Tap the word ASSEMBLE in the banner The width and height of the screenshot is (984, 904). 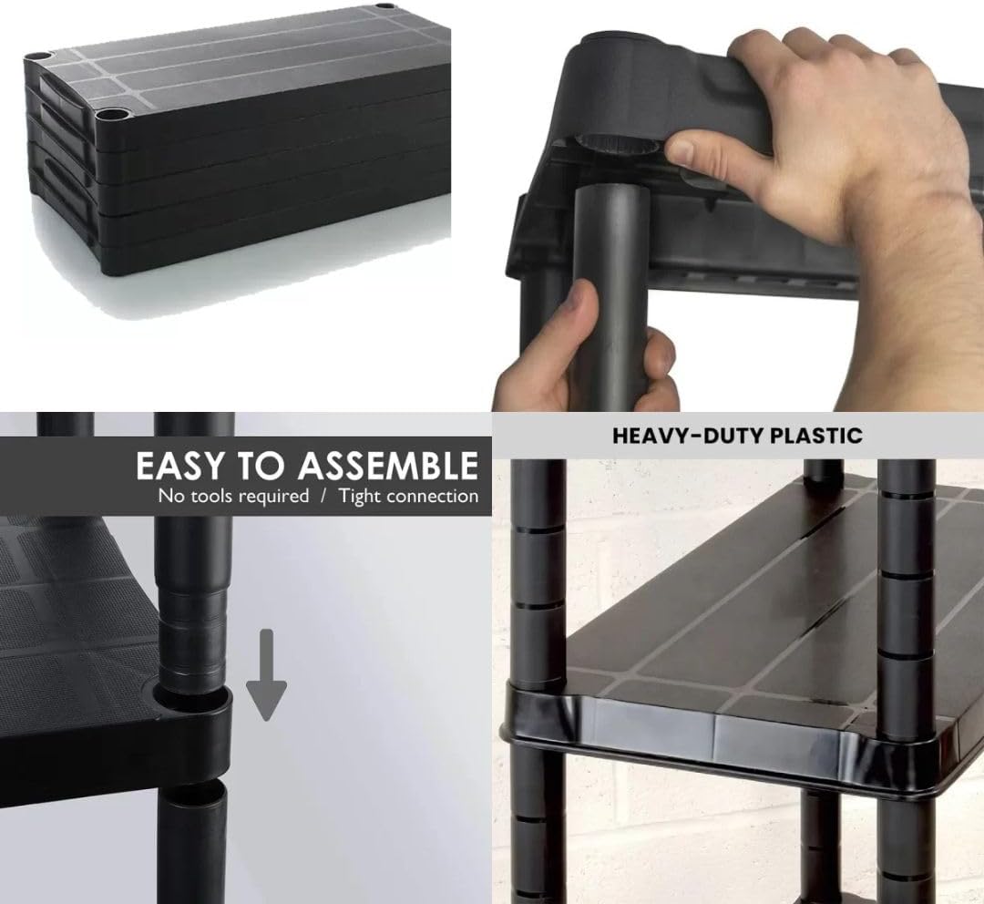coord(388,465)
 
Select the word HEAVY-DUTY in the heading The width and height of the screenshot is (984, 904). coord(687,436)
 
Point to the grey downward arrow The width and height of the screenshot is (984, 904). coord(267,675)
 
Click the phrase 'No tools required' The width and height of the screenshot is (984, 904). coord(233,496)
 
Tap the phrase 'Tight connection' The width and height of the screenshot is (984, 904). coord(409,496)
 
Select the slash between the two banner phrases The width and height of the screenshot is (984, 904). coord(323,496)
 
